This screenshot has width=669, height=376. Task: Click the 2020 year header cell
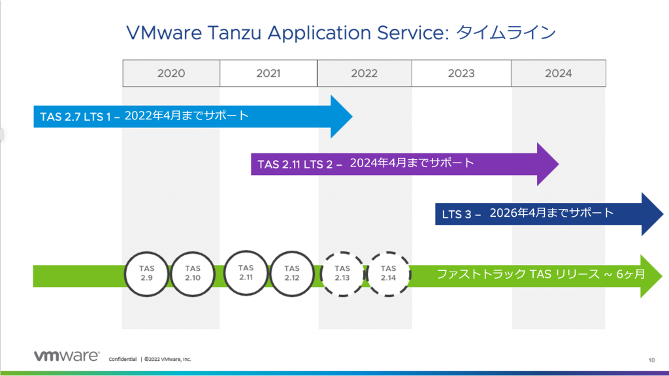pyautogui.click(x=171, y=73)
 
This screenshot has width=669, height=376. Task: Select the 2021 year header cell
pyautogui.click(x=269, y=73)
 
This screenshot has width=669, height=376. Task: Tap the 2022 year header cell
pyautogui.click(x=365, y=73)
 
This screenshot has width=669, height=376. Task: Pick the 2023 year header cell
pyautogui.click(x=461, y=73)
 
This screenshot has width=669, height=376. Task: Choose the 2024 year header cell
pyautogui.click(x=559, y=73)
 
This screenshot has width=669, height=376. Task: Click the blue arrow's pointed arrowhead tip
pyautogui.click(x=352, y=116)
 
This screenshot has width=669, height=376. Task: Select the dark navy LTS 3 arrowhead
pyautogui.click(x=653, y=214)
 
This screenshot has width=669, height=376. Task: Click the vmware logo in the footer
pyautogui.click(x=67, y=356)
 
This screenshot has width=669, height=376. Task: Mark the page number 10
pyautogui.click(x=651, y=360)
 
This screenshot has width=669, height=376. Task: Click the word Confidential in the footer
pyautogui.click(x=122, y=360)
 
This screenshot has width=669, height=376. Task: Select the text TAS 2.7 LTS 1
pyautogui.click(x=75, y=117)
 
